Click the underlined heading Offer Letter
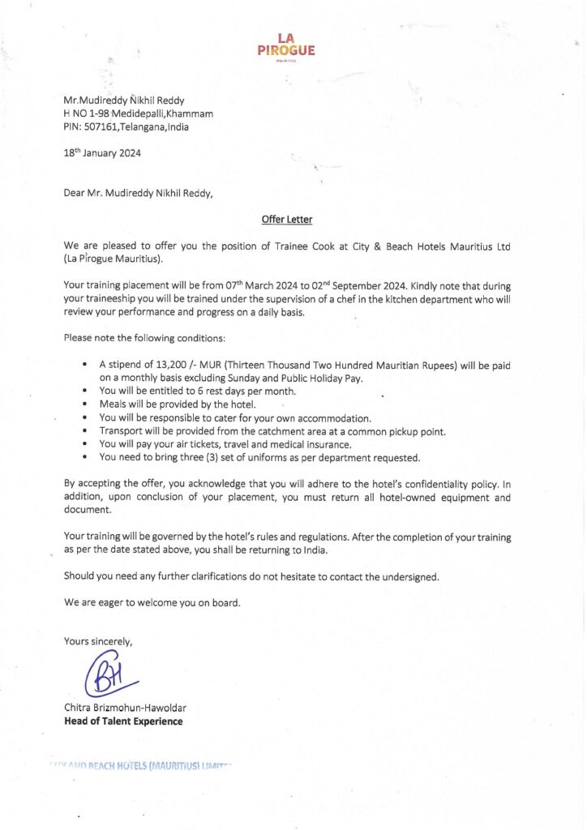(287, 220)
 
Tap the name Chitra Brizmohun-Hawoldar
(125, 708)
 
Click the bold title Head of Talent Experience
(123, 721)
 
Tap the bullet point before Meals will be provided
(85, 404)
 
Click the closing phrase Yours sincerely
(98, 641)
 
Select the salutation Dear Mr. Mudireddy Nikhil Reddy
(139, 193)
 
